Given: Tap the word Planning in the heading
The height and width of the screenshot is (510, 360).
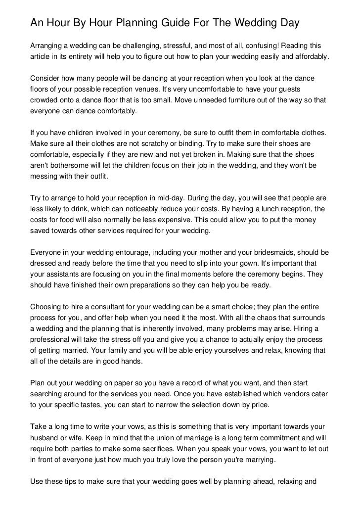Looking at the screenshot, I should tap(143, 23).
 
